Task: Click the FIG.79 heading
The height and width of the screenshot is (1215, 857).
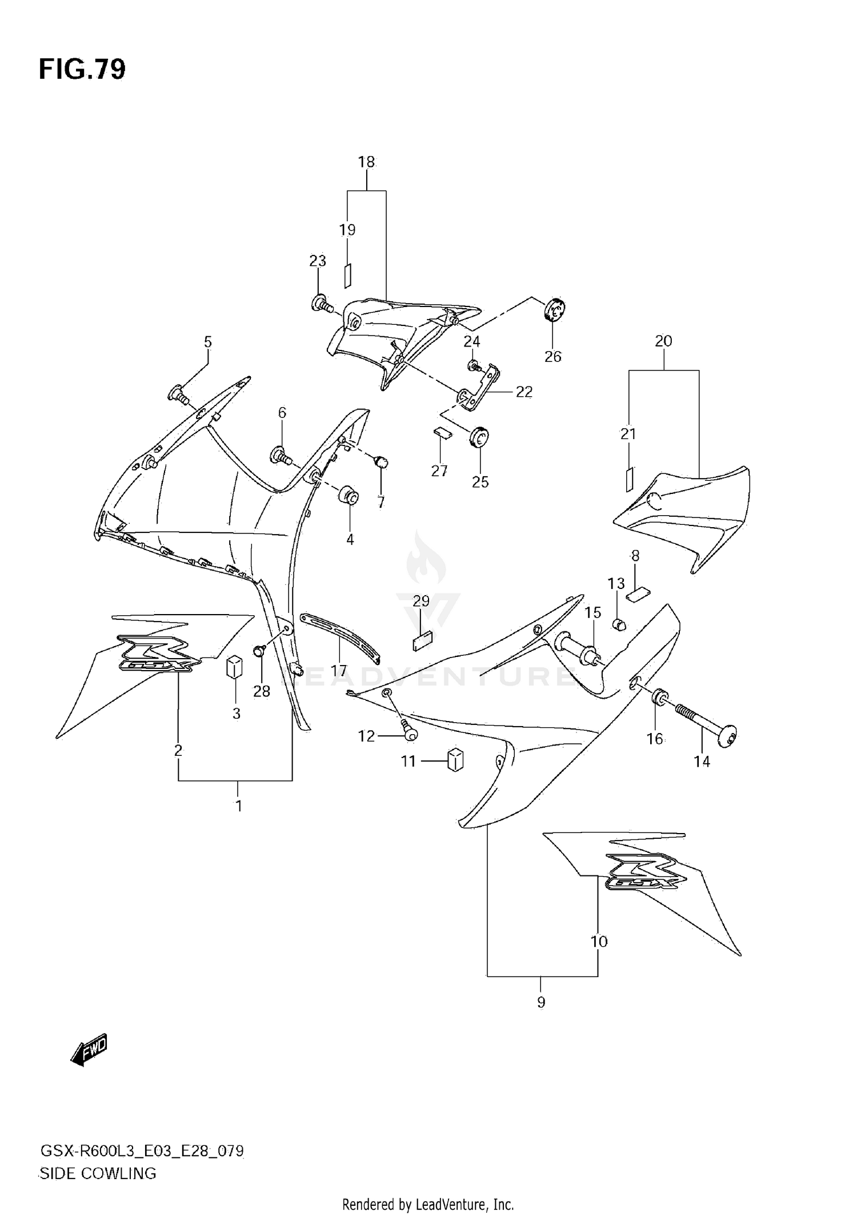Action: [82, 69]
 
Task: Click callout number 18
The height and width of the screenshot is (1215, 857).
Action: [366, 162]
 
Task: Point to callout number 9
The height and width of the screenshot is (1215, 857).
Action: [541, 1018]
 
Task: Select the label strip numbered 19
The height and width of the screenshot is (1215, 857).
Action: [347, 275]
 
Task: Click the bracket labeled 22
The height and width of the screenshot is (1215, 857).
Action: [482, 389]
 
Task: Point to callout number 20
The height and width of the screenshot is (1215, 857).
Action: [663, 341]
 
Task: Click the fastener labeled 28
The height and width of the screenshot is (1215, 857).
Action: [260, 651]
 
